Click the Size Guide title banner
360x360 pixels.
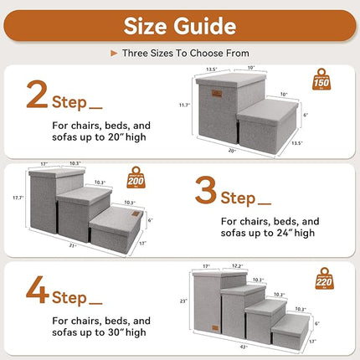pyautogui.click(x=180, y=25)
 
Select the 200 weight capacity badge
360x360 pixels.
pyautogui.click(x=136, y=178)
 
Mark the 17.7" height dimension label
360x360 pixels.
pyautogui.click(x=17, y=198)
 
